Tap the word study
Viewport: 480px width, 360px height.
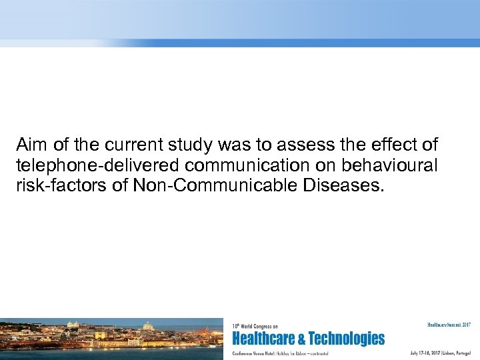pos(175,145)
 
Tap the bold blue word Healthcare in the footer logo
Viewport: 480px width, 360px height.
pos(265,339)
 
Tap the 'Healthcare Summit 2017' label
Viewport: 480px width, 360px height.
pos(449,325)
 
